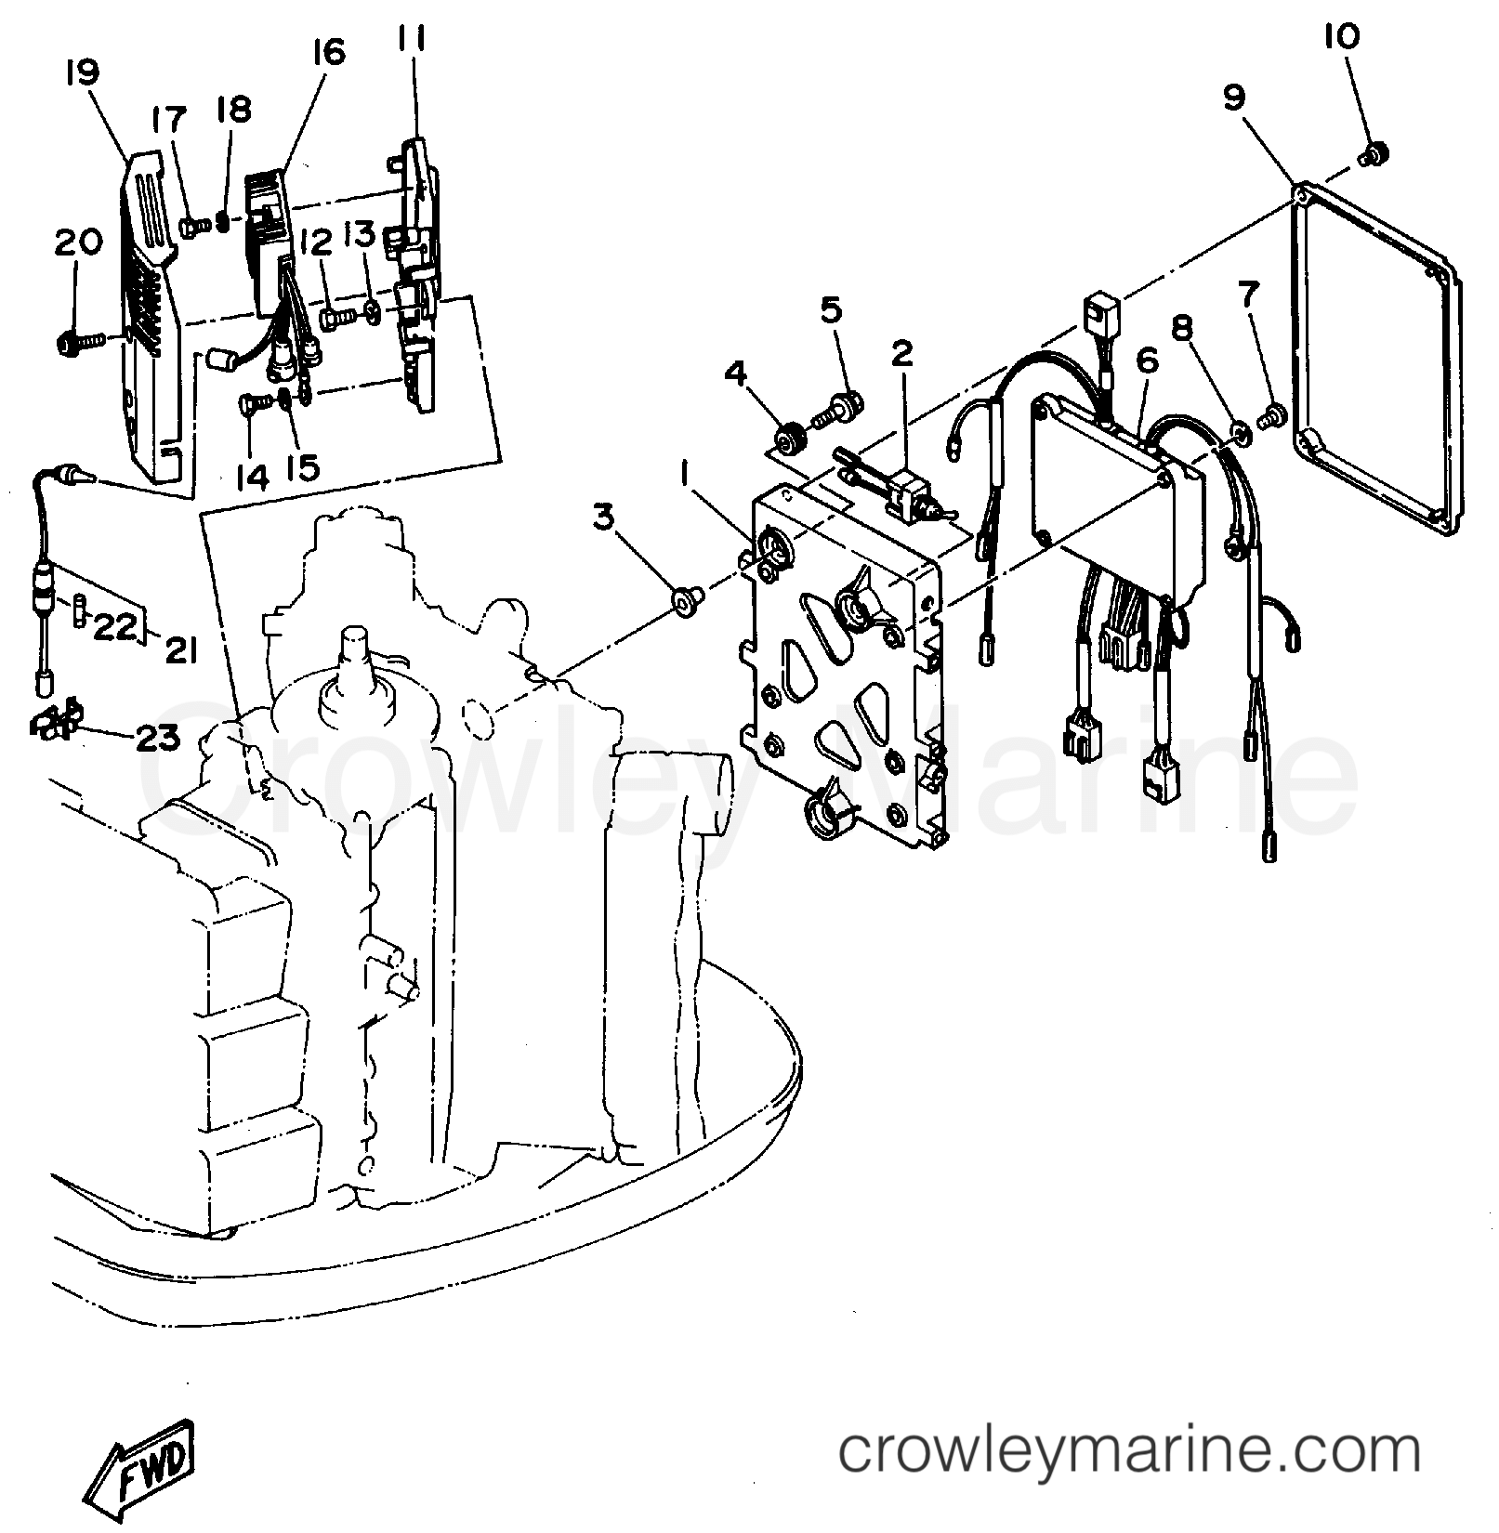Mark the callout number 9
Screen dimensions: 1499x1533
click(1234, 98)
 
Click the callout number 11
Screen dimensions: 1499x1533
click(412, 39)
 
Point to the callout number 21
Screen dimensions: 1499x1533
click(181, 652)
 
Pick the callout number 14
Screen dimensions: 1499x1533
click(252, 477)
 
